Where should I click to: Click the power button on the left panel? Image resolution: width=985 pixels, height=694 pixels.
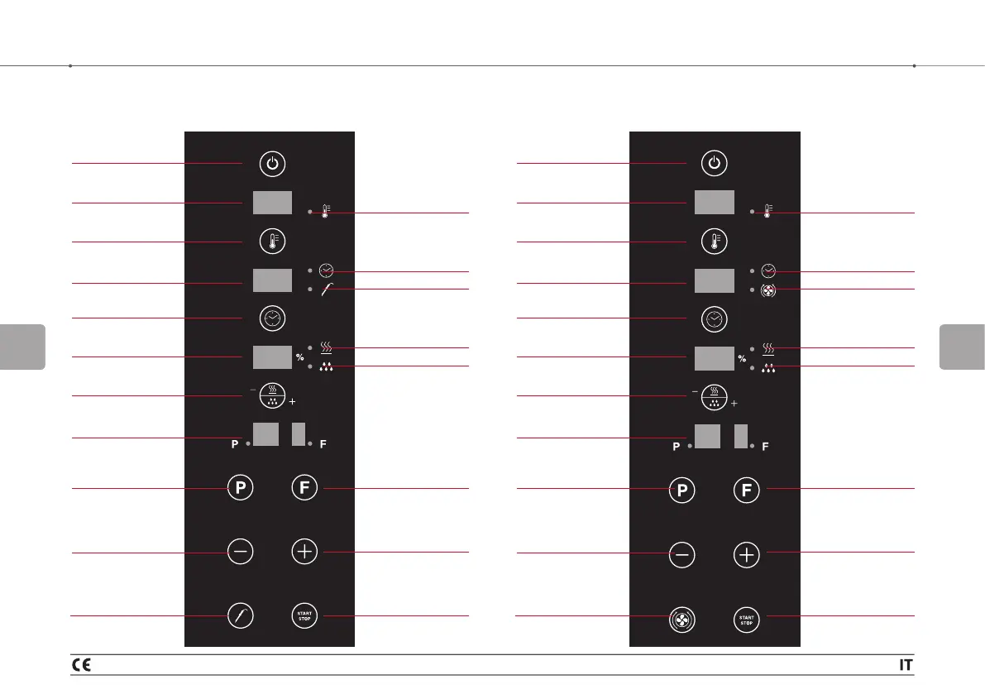click(273, 165)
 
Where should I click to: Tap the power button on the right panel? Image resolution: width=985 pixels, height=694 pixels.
click(715, 165)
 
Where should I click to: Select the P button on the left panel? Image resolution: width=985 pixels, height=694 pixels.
click(240, 488)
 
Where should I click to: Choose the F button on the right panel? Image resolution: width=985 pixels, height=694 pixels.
click(747, 490)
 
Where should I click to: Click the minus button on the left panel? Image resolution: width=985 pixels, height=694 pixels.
click(240, 552)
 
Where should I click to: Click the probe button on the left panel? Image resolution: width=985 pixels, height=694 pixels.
click(240, 615)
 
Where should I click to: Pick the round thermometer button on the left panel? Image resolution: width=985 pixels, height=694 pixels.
click(273, 242)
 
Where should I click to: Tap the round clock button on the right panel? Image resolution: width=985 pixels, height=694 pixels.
click(715, 318)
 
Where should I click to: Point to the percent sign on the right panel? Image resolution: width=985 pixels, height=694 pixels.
click(742, 359)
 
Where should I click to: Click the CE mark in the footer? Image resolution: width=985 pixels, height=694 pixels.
click(81, 663)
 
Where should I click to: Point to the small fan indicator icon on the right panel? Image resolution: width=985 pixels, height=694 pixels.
click(769, 290)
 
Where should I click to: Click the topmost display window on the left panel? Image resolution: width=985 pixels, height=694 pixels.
click(272, 203)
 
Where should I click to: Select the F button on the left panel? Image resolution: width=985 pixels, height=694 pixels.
click(305, 488)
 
